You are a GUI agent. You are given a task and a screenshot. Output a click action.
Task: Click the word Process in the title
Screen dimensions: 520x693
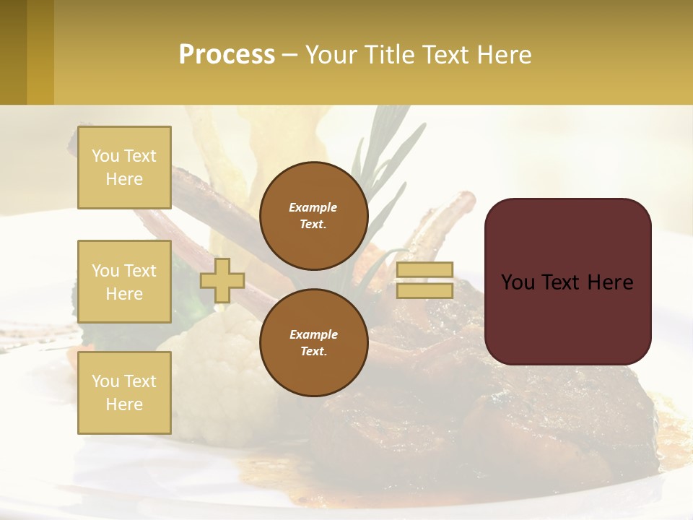(x=227, y=55)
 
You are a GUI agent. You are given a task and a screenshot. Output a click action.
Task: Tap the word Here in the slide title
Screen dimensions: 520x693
(x=498, y=55)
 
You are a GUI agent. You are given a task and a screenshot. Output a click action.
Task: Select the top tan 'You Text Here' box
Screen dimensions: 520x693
(x=124, y=168)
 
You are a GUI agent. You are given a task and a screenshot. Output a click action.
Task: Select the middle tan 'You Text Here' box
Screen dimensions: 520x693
(x=124, y=282)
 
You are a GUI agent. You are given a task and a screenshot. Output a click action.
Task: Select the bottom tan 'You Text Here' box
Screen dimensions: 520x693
(x=124, y=393)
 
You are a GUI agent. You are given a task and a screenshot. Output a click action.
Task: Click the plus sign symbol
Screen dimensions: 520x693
(x=222, y=280)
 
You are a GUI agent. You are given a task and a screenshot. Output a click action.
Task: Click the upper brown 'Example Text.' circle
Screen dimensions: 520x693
(x=313, y=215)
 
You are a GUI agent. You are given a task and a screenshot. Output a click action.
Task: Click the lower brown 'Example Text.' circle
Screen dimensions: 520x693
(x=313, y=342)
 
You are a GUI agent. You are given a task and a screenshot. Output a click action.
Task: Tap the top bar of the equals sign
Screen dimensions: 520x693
(x=424, y=270)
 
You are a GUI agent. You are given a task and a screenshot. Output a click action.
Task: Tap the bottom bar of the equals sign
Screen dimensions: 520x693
(x=424, y=290)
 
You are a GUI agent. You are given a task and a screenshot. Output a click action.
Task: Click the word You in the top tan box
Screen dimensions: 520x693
(x=105, y=156)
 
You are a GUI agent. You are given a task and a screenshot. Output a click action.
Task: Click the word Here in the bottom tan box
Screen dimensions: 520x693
(x=124, y=404)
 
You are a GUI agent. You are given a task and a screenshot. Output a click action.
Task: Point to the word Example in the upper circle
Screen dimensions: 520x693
(x=313, y=207)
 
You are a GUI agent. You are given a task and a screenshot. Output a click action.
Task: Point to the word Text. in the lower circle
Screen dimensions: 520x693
(x=313, y=352)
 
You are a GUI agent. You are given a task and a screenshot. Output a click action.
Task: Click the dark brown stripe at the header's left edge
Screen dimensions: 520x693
(x=13, y=52)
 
